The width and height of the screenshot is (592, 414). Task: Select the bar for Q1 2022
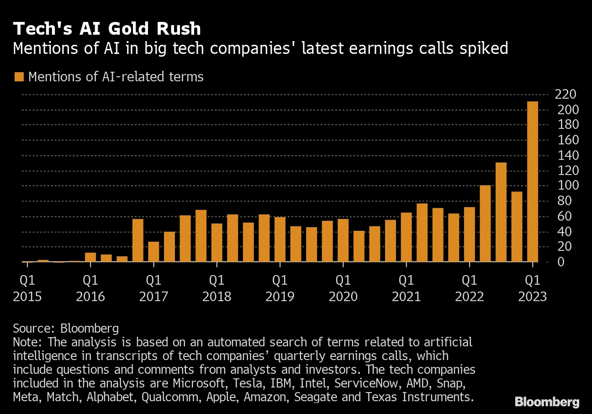[469, 235]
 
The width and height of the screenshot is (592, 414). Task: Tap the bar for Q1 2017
[153, 252]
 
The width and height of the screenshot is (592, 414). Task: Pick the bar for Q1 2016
[90, 258]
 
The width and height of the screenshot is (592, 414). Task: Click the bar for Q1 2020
[343, 241]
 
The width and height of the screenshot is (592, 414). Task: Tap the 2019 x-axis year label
[280, 297]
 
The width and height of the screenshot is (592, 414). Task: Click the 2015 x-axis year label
[27, 297]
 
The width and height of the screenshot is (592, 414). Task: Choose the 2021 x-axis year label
[406, 297]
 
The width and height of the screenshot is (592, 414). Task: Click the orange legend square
[19, 76]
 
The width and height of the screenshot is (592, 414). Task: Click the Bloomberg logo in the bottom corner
[547, 402]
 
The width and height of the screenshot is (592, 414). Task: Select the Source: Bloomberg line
[66, 328]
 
